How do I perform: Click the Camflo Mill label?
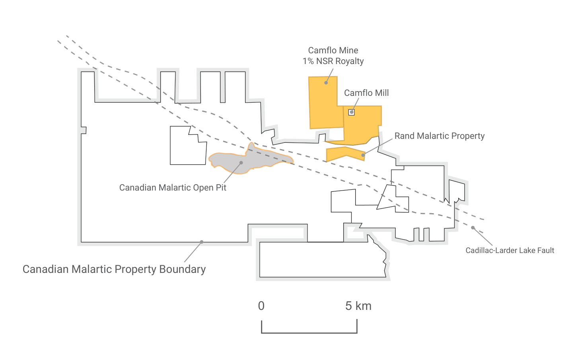coord(366,93)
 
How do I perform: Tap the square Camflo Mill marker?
coord(352,112)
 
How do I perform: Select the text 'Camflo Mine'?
coord(333,50)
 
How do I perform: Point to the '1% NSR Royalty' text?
coord(333,61)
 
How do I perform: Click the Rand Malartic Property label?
coord(440,136)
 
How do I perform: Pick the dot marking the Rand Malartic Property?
coord(363,155)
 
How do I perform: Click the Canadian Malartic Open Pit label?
coord(173,188)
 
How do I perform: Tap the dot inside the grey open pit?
coord(241,163)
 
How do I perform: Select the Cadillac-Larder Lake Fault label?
coord(510,250)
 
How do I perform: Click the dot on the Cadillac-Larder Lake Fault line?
coord(473,228)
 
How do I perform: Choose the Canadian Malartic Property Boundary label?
coord(114,269)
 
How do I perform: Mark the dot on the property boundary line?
coord(202,242)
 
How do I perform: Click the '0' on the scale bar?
coord(261,306)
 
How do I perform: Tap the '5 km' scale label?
coord(358,306)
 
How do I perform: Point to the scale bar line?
coord(309,333)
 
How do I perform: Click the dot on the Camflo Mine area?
coord(326,83)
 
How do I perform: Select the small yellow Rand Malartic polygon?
coord(345,154)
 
